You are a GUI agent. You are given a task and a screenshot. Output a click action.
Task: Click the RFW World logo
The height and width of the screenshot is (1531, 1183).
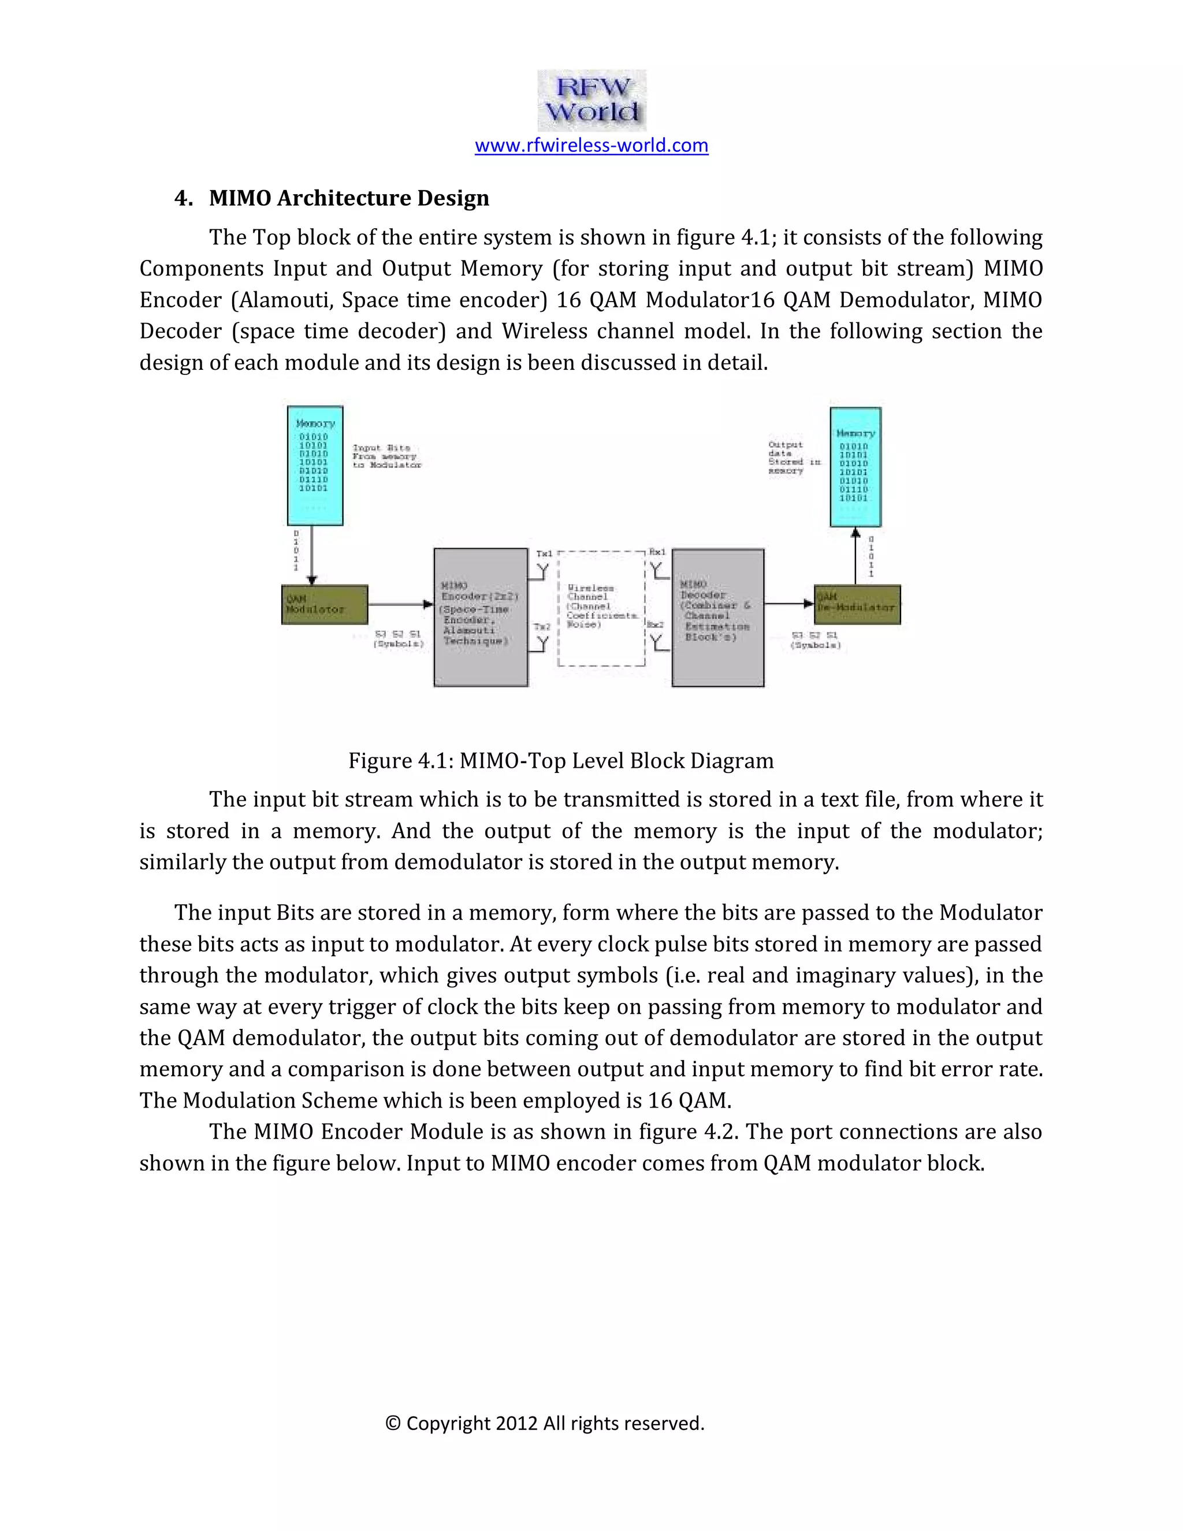(x=591, y=101)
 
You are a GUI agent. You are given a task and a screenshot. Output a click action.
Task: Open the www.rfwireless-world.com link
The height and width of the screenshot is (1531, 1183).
(x=591, y=145)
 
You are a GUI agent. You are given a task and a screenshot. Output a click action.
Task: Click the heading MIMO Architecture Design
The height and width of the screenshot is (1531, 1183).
(x=348, y=198)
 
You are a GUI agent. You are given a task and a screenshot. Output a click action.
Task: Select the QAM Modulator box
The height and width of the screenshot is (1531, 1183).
(x=325, y=605)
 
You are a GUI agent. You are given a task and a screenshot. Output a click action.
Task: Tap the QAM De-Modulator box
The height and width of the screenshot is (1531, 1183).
(x=857, y=605)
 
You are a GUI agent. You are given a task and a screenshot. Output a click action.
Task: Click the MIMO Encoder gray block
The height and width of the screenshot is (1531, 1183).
(x=481, y=617)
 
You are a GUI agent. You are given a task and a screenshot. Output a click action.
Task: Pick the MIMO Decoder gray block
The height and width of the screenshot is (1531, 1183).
(x=717, y=617)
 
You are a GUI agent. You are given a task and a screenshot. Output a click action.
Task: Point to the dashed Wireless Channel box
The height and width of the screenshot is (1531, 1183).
(x=601, y=608)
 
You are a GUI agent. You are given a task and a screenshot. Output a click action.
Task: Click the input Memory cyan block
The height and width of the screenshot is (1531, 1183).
(x=315, y=466)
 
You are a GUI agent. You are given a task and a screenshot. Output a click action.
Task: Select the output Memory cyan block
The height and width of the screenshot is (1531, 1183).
(x=855, y=467)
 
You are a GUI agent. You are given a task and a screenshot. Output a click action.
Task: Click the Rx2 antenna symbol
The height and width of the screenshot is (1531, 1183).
(x=657, y=641)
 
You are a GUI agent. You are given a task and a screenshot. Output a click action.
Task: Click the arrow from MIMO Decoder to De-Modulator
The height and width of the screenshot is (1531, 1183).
(x=788, y=604)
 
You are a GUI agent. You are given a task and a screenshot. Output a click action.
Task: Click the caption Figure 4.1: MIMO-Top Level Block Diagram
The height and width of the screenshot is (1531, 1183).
(x=561, y=761)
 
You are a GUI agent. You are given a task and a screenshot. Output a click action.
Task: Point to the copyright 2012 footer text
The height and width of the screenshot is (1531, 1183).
(x=545, y=1423)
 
